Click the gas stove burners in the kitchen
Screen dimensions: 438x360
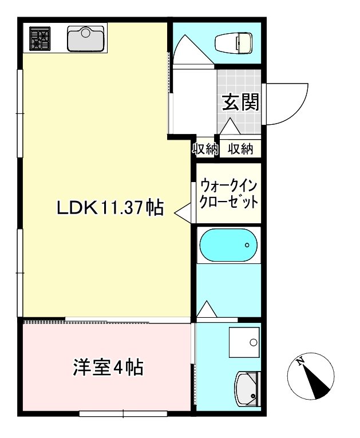coord(39,39)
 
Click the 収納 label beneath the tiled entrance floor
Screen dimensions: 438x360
coord(241,149)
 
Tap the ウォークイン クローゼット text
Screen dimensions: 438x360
coord(228,195)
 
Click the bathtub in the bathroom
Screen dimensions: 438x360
coord(228,246)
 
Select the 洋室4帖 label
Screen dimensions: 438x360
coord(108,367)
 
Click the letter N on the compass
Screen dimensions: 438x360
coord(299,361)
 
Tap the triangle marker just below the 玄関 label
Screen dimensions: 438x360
coord(231,127)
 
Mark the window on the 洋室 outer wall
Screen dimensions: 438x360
coord(123,413)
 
